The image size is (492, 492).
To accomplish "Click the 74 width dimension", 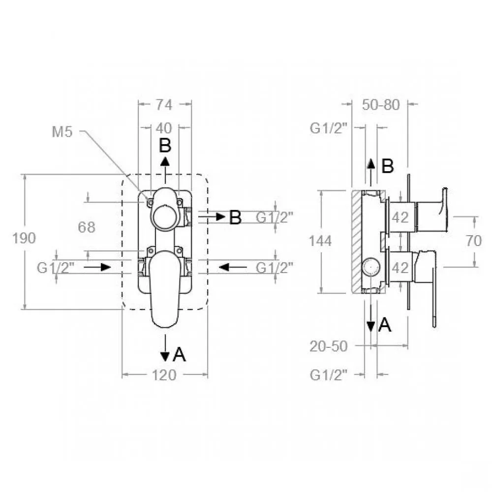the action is [x=164, y=104].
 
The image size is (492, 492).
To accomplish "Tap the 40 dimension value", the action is [x=164, y=128].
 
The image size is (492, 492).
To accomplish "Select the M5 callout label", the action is [x=62, y=132].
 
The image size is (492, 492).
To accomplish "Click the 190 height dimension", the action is [x=24, y=238].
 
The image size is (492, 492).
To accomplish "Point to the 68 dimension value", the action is [x=87, y=227].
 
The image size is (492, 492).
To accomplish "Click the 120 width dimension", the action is [x=164, y=375].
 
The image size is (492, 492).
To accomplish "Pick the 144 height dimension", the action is [x=320, y=241].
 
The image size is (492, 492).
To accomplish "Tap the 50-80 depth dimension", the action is [x=381, y=104].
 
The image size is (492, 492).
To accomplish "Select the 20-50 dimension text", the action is [x=329, y=346].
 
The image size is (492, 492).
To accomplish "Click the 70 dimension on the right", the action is [x=473, y=241].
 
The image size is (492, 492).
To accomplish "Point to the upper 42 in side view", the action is [x=400, y=217].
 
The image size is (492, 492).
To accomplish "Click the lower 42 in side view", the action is [x=400, y=268].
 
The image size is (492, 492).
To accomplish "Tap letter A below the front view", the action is [x=180, y=355].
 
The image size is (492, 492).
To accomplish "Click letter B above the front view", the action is [x=165, y=146].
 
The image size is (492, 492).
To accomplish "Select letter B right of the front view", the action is [x=235, y=217].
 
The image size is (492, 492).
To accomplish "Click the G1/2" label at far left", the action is [x=56, y=268].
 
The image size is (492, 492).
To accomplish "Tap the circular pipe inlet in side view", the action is [x=371, y=267].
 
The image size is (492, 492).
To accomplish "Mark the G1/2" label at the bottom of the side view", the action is [x=329, y=375].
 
